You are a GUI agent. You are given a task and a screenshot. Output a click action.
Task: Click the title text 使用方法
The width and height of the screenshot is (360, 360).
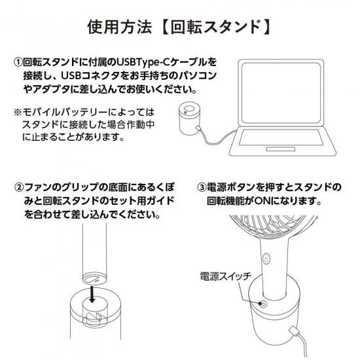[119, 27]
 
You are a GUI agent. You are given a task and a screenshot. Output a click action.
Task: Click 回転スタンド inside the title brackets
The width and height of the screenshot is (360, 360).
[216, 27]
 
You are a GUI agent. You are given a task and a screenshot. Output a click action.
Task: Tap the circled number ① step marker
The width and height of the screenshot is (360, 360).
[18, 62]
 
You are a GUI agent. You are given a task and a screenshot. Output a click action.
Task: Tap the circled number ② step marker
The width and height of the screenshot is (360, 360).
[19, 187]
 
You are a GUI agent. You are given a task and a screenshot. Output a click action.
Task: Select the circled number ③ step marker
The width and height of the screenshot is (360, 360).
[202, 187]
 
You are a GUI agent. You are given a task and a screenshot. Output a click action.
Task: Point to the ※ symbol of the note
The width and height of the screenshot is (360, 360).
[18, 113]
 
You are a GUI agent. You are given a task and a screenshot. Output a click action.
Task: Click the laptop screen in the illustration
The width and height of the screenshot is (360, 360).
[281, 93]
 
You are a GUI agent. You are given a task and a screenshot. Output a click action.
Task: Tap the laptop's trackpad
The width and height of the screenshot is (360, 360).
[281, 149]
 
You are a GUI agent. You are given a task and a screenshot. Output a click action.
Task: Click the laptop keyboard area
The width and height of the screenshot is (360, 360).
[281, 137]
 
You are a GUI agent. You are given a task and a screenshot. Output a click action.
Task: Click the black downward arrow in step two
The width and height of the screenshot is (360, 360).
[92, 295]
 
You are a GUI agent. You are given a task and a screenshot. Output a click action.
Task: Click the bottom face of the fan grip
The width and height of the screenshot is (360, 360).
[94, 279]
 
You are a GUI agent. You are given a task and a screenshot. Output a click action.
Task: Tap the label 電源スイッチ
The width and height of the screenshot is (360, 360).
[225, 276]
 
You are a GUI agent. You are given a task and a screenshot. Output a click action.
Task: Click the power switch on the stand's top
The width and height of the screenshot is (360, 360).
[263, 304]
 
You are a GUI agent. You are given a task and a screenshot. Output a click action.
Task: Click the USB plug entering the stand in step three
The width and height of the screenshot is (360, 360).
[295, 332]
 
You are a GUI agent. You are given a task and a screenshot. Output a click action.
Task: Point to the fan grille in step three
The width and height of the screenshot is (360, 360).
[273, 227]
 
